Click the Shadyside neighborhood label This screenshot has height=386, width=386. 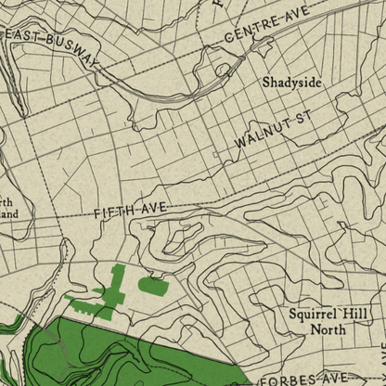click(x=291, y=83)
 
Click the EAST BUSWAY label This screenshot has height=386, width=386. click(x=53, y=47)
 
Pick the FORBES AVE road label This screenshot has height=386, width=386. click(x=304, y=379)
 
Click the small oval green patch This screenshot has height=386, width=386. click(x=153, y=286)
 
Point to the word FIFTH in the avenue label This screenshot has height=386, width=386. click(x=113, y=214)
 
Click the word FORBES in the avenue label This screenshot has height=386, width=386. click(x=287, y=380)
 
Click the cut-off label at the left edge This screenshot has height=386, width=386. click(x=7, y=205)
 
